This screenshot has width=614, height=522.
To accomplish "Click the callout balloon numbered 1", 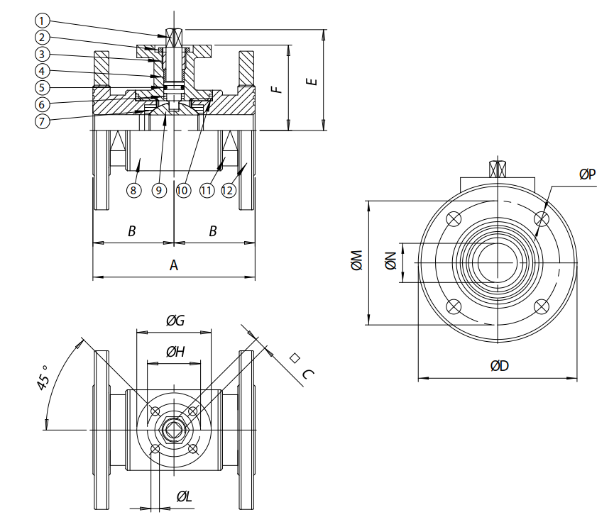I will (43, 21).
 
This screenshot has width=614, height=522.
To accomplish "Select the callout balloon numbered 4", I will (43, 71).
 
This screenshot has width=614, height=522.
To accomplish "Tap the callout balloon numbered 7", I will (43, 121).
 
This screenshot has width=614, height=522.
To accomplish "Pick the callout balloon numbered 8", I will (133, 190).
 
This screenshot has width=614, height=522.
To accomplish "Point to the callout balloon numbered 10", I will (182, 190).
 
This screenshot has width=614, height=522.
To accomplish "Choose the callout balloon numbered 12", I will (229, 190).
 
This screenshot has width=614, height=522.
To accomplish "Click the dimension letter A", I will (173, 265).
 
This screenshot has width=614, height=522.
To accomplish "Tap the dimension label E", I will (311, 82).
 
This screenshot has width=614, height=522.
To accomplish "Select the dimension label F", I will (279, 88).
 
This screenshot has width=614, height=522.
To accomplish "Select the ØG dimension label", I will (175, 321).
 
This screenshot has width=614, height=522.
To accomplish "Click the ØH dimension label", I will (175, 351).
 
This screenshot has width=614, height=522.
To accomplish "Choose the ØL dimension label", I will (184, 496).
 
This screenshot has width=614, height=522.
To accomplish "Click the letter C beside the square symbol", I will (307, 374).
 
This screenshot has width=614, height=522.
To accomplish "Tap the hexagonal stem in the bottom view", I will (173, 431).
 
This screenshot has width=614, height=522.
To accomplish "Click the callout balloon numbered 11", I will (207, 190).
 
